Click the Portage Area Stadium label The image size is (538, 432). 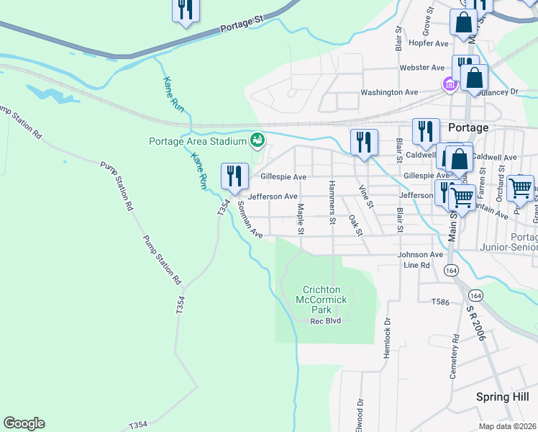[x=198, y=141]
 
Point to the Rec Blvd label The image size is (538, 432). [x=324, y=320]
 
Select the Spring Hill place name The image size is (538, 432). [x=502, y=397]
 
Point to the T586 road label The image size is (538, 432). [x=441, y=302]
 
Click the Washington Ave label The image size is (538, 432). [x=389, y=92]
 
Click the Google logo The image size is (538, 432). [x=24, y=423]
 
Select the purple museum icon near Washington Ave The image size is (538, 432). [x=450, y=85]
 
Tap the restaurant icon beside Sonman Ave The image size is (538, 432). [x=234, y=176]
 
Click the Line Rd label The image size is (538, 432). [x=416, y=265]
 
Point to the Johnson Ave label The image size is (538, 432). [x=421, y=254]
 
